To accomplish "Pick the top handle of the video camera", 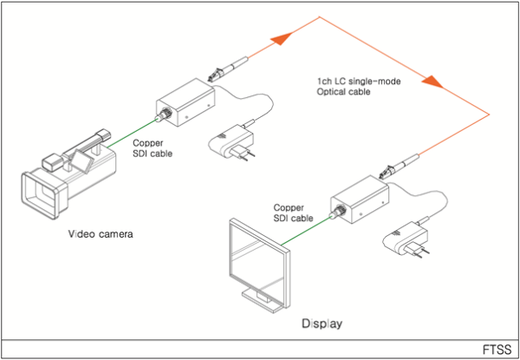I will point(87,141).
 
